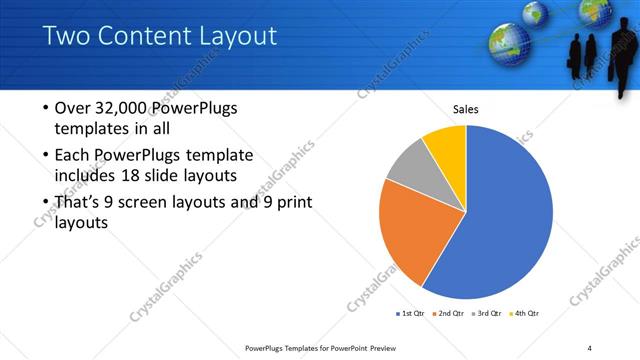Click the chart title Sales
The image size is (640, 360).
click(466, 109)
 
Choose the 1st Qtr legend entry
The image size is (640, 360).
click(411, 313)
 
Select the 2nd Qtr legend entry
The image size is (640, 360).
click(450, 313)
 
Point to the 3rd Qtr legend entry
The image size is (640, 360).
click(488, 313)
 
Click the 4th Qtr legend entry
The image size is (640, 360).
click(526, 313)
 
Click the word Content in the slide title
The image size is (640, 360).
click(140, 37)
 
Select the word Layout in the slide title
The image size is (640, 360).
click(232, 37)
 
